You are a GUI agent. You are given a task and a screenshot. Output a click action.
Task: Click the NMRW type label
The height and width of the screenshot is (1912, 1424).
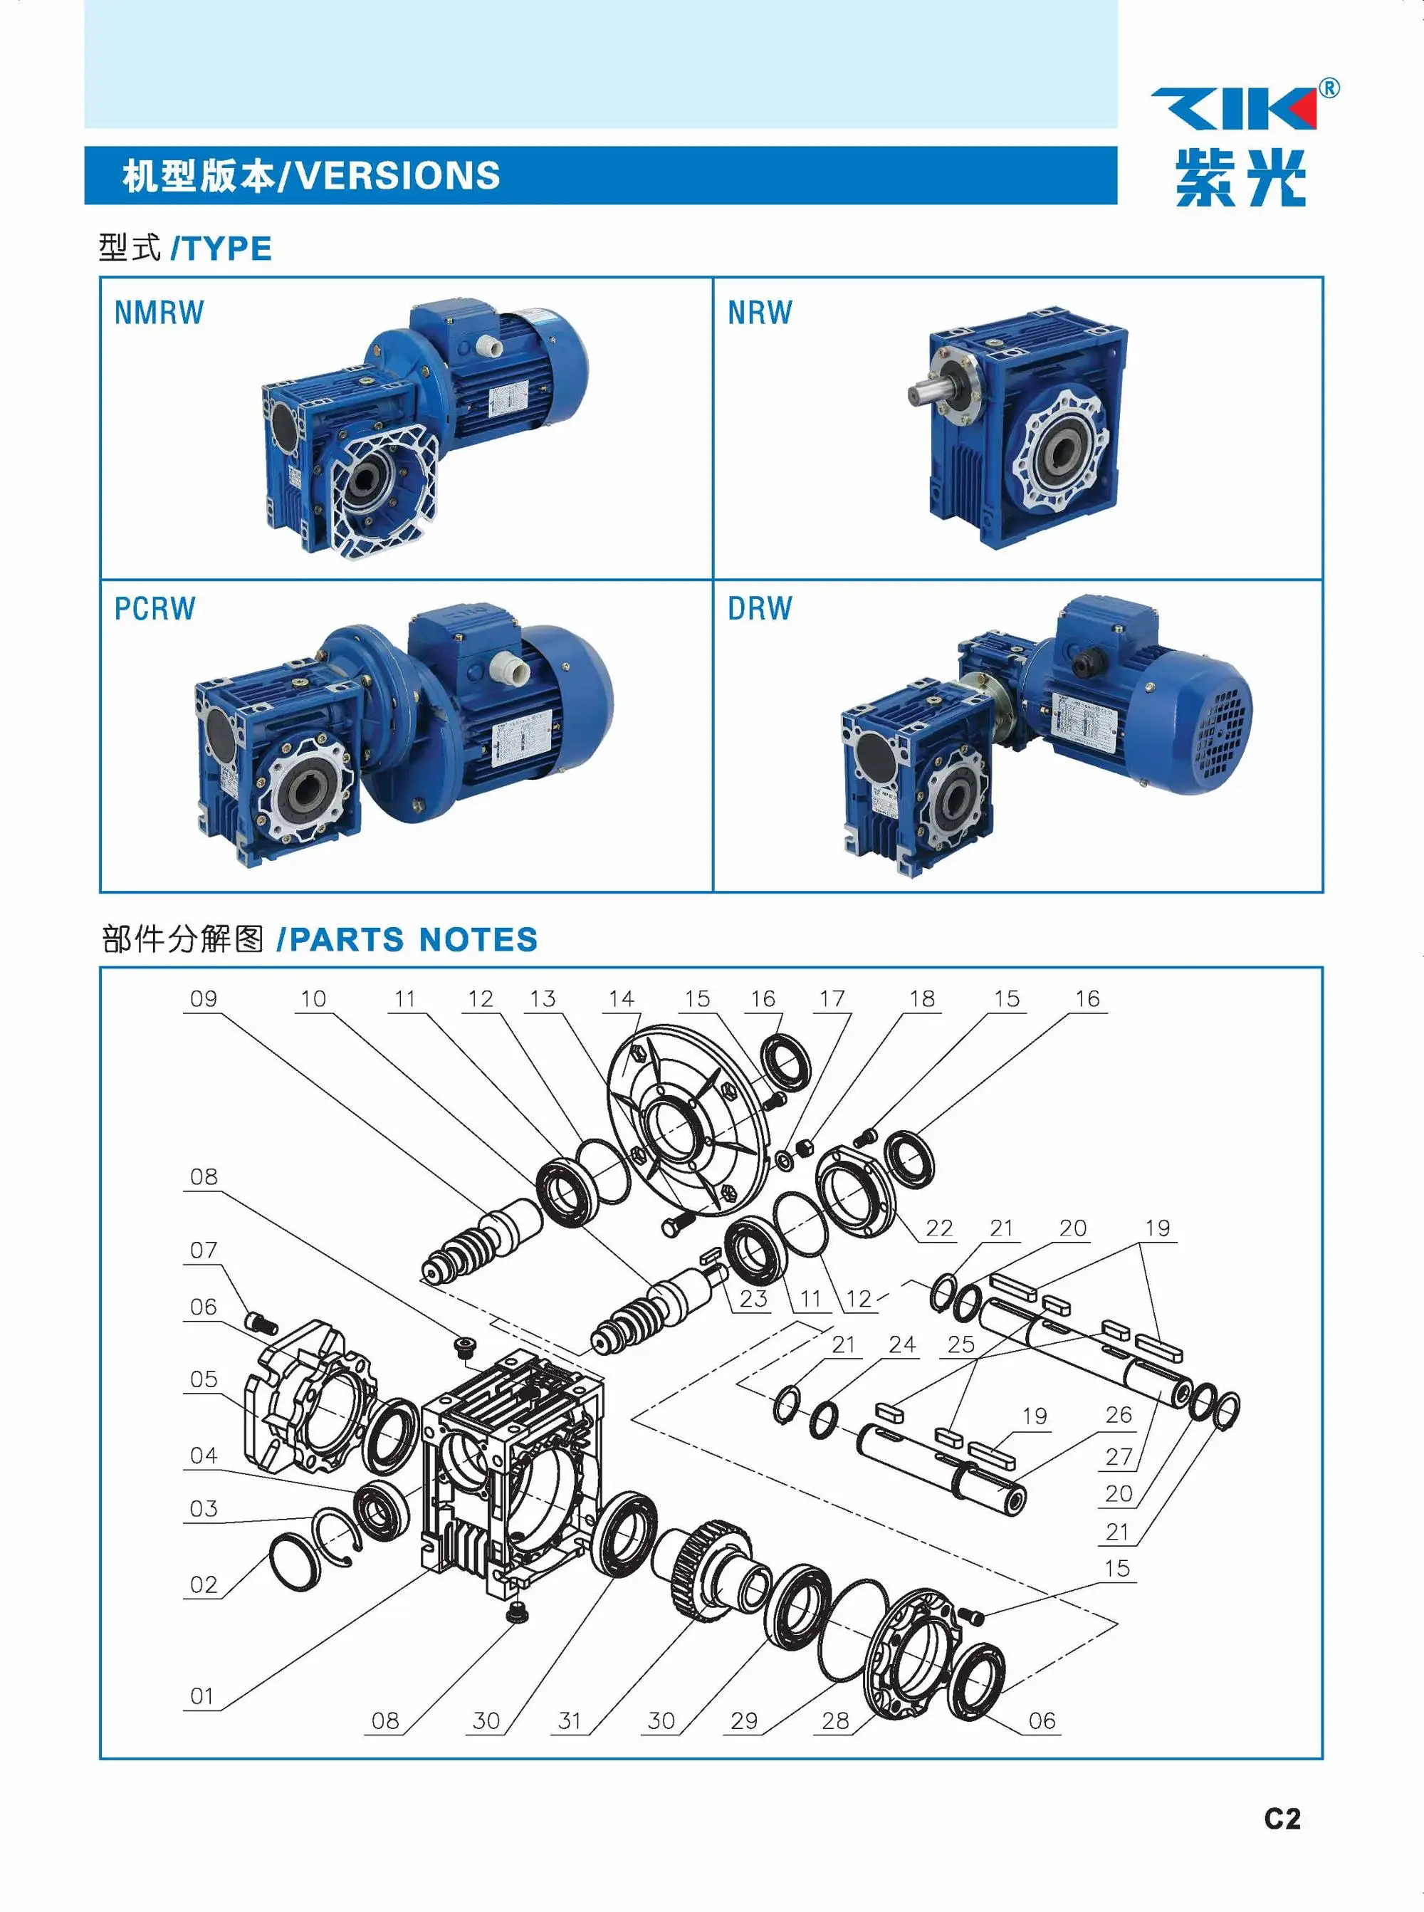click(x=159, y=312)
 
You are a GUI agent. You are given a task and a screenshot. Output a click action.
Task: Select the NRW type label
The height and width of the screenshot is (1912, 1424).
click(x=760, y=312)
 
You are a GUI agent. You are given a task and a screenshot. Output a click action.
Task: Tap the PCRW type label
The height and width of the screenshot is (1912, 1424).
click(x=155, y=609)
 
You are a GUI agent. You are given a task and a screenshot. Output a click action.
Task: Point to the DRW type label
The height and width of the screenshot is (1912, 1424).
click(x=760, y=609)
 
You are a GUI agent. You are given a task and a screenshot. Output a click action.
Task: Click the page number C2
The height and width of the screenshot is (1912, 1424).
click(x=1282, y=1818)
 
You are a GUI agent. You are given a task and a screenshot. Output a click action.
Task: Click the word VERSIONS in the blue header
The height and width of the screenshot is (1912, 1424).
click(x=398, y=176)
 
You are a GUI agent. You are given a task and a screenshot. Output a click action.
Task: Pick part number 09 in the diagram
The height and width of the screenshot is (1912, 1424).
click(x=204, y=999)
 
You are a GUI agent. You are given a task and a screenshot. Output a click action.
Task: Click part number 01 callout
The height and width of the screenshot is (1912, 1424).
click(x=201, y=1696)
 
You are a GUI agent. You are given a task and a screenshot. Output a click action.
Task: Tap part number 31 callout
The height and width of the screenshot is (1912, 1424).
click(x=570, y=1721)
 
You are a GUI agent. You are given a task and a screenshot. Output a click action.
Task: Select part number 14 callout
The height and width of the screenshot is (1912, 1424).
click(x=621, y=999)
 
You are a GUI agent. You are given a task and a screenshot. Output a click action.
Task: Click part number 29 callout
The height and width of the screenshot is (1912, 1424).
click(x=744, y=1721)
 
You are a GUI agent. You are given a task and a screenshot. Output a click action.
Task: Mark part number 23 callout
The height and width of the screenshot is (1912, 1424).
click(x=753, y=1299)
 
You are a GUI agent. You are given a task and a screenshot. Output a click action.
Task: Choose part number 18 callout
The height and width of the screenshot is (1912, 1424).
click(x=921, y=999)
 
